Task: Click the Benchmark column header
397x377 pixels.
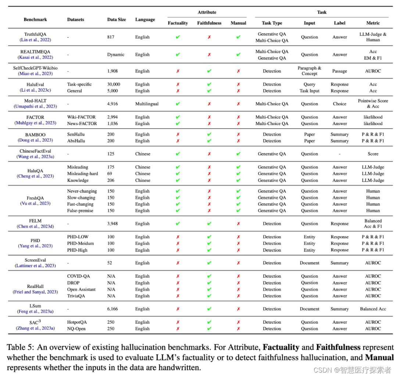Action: coord(35,19)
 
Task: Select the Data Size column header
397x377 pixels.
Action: coord(117,19)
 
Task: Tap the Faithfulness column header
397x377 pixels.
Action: coord(209,23)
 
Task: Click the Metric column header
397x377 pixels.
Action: coord(373,23)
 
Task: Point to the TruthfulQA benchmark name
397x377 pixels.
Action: coord(35,34)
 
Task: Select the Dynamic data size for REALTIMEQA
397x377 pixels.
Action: coord(116,54)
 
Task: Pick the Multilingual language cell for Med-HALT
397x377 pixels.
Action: coord(147,104)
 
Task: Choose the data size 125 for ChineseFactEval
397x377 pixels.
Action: coord(111,154)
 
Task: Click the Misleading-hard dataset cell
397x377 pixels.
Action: coord(83,174)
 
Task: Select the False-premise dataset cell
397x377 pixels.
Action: coord(80,211)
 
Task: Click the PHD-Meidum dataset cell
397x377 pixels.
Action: coord(81,243)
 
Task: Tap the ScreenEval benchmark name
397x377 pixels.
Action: coord(35,260)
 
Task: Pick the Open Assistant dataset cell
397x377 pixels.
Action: coord(81,289)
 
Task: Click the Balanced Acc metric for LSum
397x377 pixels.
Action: coord(373,309)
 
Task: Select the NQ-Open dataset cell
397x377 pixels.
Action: coord(76,329)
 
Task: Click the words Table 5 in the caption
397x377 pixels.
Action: coord(19,348)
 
